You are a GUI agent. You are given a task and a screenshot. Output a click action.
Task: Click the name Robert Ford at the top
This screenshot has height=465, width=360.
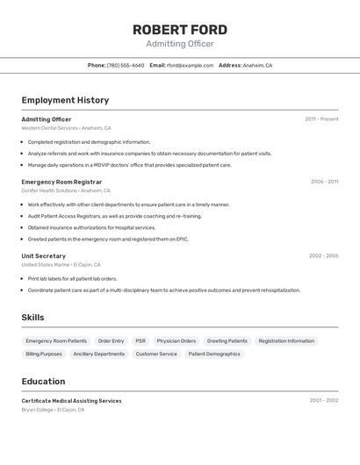click(180, 29)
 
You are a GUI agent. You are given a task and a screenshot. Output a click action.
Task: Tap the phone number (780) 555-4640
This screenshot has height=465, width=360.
click(126, 65)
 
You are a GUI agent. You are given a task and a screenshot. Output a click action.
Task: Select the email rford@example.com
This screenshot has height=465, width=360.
click(190, 65)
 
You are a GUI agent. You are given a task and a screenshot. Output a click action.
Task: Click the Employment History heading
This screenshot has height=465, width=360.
click(65, 100)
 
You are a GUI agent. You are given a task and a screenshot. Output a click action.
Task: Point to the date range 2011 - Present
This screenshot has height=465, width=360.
click(321, 119)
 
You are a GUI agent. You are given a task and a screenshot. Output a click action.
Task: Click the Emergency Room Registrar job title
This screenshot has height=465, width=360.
click(61, 182)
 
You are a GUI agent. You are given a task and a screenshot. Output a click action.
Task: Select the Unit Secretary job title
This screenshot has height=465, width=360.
click(44, 256)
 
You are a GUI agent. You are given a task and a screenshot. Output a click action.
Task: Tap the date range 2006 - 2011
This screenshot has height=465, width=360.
click(324, 182)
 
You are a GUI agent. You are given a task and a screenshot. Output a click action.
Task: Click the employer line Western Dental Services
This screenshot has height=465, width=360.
click(49, 128)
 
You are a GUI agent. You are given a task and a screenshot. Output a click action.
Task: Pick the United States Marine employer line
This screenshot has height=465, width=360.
click(45, 264)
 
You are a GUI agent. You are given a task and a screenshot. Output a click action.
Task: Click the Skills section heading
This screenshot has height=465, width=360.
click(32, 318)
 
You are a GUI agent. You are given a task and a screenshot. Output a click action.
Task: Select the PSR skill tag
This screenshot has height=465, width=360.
click(140, 340)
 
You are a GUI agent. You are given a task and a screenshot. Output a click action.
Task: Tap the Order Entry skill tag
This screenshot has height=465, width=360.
click(111, 340)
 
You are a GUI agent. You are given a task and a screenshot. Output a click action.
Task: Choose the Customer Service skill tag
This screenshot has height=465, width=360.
click(156, 354)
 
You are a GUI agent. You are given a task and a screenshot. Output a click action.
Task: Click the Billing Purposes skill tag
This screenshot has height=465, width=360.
click(44, 354)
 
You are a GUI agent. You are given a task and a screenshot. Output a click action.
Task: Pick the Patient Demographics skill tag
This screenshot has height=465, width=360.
click(214, 354)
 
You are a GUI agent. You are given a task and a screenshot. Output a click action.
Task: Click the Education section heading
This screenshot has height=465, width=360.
click(43, 382)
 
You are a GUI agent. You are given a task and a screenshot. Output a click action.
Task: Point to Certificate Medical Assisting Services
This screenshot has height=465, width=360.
click(71, 401)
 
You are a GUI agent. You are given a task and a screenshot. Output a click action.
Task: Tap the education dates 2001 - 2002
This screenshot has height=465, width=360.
click(323, 401)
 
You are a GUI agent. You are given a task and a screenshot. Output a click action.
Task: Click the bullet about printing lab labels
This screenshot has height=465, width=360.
click(72, 279)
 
